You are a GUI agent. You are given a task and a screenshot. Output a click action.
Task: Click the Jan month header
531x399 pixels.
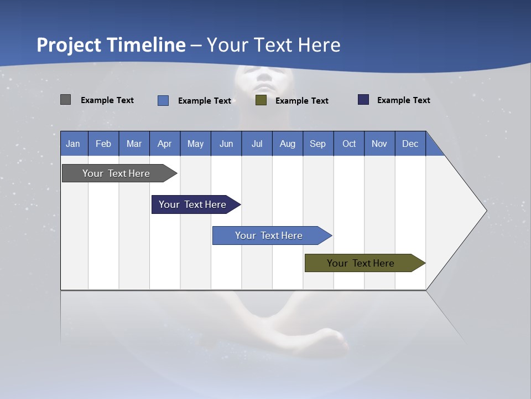[74, 144]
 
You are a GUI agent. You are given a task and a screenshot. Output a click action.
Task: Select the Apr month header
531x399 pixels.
[165, 144]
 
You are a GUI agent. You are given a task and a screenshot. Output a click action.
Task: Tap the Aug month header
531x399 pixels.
[288, 144]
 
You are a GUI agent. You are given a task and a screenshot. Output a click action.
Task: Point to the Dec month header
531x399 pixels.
[410, 144]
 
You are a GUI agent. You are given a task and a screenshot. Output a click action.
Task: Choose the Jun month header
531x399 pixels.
[226, 144]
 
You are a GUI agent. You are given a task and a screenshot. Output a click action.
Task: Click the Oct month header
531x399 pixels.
[349, 144]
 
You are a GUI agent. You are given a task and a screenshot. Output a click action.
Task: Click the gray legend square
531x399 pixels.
[65, 100]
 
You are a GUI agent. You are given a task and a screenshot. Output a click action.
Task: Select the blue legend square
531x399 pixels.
[163, 100]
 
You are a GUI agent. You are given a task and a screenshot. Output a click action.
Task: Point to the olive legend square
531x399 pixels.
[261, 100]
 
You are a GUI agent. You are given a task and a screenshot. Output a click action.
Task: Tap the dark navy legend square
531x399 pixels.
[363, 100]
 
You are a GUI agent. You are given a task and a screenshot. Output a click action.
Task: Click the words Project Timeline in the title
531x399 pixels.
[111, 45]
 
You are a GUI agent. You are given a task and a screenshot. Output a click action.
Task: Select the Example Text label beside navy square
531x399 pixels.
[403, 100]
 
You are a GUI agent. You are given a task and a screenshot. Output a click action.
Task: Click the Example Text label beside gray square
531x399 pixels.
[107, 100]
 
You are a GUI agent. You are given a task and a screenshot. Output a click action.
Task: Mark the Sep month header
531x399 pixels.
[318, 144]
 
